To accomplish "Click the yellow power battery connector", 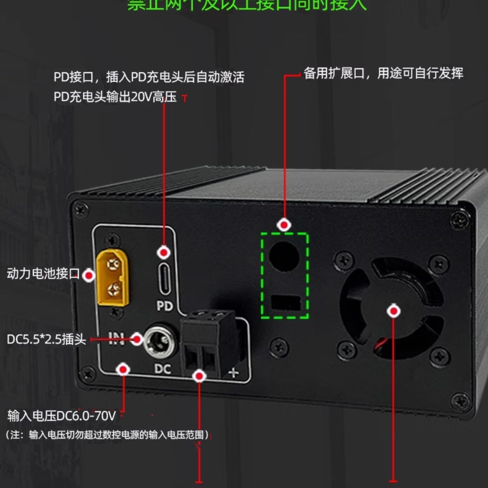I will click(112, 278).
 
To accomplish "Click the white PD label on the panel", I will click(165, 306).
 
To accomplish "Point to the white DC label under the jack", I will click(163, 369).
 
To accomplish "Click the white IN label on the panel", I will click(116, 339).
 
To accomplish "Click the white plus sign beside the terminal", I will click(233, 373).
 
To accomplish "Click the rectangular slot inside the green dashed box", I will click(286, 303).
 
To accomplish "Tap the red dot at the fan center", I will click(394, 311).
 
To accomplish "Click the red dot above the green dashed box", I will click(284, 225).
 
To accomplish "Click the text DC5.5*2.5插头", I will click(46, 339).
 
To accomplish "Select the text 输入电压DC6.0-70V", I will click(62, 416).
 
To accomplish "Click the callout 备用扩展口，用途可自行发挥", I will click(383, 74).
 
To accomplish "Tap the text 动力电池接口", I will click(43, 274).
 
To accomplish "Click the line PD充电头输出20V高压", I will click(115, 97).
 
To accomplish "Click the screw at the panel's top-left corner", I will click(80, 210).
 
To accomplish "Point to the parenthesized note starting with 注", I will click(107, 435).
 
